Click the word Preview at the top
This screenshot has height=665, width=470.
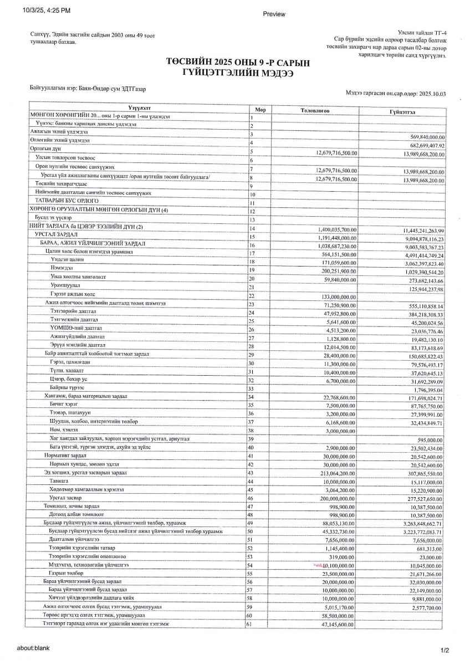click(274, 14)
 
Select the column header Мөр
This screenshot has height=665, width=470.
click(260, 110)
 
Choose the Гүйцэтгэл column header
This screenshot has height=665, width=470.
click(403, 111)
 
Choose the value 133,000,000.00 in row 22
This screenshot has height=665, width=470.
click(334, 297)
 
